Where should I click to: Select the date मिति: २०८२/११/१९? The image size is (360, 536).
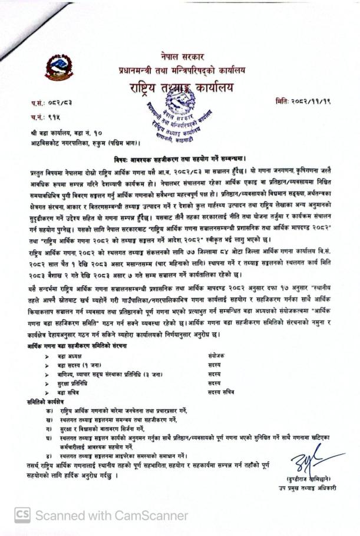click(x=302, y=102)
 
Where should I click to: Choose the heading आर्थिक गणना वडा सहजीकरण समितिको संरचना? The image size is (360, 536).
click(x=77, y=346)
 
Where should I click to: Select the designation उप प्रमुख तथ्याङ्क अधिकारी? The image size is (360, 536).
click(x=308, y=488)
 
